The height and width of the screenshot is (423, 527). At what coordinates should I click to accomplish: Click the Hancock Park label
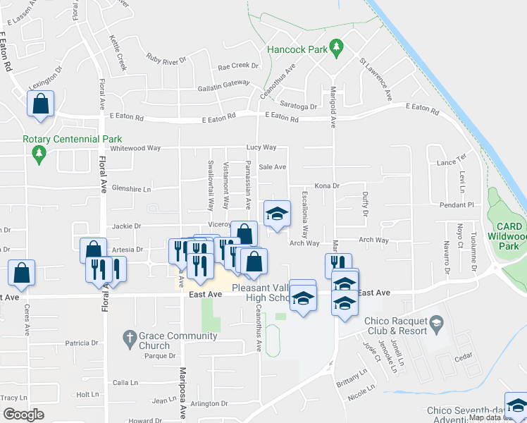(297, 50)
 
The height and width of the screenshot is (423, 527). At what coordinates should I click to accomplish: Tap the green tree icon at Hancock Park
(336, 47)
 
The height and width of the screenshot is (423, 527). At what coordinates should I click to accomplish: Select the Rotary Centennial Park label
(73, 139)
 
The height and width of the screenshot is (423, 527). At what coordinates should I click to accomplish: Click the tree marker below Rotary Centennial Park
(39, 153)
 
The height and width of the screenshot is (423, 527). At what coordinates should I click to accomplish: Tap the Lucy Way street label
(260, 148)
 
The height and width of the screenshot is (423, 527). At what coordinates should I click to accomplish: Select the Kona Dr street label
(326, 185)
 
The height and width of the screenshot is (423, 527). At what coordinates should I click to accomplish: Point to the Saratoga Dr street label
(299, 107)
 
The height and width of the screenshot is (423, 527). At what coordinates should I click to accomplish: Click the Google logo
(23, 414)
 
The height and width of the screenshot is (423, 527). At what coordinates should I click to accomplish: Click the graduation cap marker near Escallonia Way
(277, 213)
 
